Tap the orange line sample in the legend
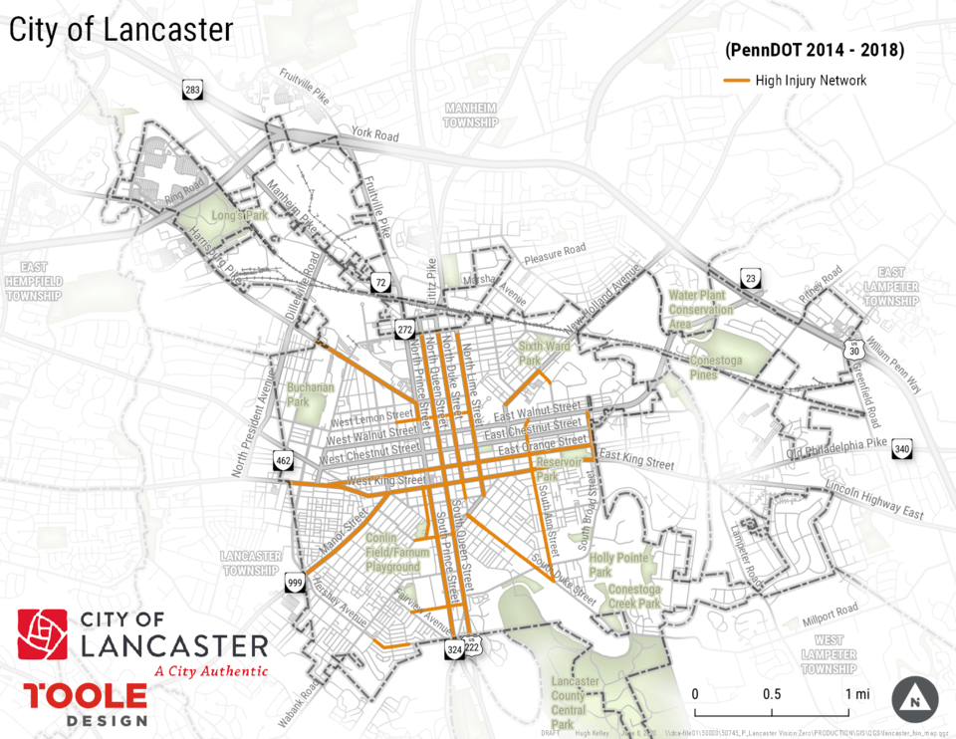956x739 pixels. pyautogui.click(x=736, y=81)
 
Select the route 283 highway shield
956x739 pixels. pyautogui.click(x=193, y=91)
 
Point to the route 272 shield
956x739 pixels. pyautogui.click(x=404, y=329)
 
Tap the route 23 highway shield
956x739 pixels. pyautogui.click(x=750, y=278)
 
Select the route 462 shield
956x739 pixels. pyautogui.click(x=283, y=460)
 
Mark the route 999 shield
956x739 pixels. pyautogui.click(x=294, y=583)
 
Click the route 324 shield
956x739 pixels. pyautogui.click(x=454, y=649)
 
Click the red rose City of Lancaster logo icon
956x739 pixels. pyautogui.click(x=43, y=634)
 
